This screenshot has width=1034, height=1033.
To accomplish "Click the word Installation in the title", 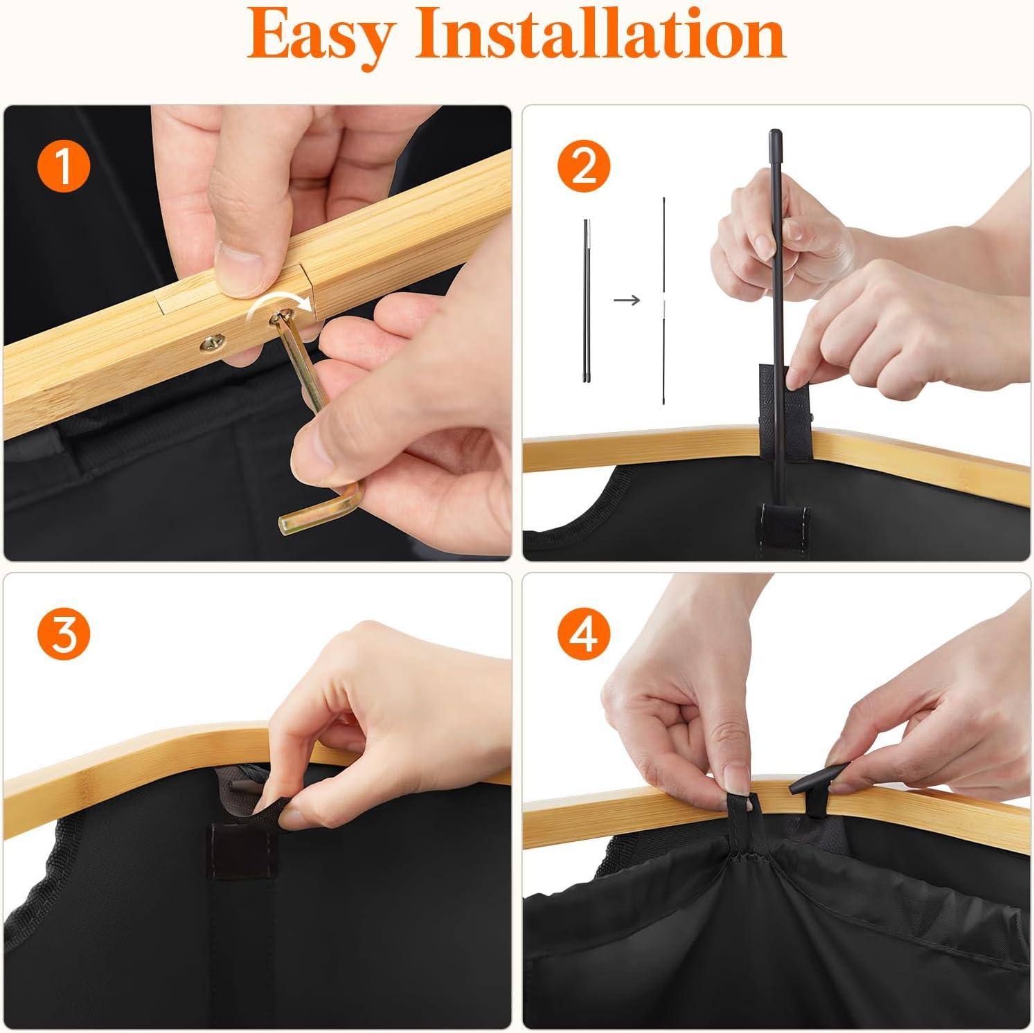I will [x=600, y=35].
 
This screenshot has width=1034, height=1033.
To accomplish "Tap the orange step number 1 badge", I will [x=63, y=168].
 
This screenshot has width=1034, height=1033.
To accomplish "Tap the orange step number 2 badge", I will [x=584, y=166].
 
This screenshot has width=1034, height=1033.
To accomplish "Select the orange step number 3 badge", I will [x=63, y=636].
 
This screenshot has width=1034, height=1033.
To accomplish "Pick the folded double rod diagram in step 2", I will [x=587, y=300].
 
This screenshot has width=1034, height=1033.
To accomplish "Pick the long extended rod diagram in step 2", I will [x=664, y=300].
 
